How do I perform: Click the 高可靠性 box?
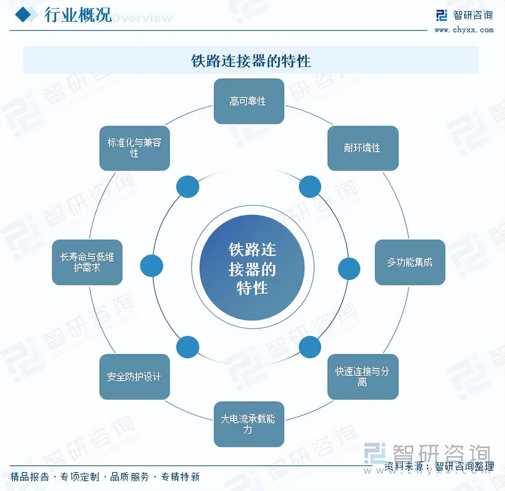249,101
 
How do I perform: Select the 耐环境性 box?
363,148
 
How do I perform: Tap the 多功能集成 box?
410,262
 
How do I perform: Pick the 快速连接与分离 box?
363,377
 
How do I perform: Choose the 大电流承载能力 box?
249,424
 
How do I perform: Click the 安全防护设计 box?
134,377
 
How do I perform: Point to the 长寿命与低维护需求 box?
87,262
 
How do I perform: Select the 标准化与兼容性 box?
134,148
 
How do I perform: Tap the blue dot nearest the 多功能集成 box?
349,268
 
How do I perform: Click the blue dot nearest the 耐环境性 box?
310,186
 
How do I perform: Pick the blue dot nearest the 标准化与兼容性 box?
187,186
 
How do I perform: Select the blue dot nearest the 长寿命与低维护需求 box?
151,265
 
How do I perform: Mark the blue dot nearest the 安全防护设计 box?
187,347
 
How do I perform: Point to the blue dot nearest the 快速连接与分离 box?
310,347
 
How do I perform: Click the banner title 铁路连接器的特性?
251,61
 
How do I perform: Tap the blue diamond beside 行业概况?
23,15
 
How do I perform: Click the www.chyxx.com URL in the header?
464,30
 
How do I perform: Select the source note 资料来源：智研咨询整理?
439,467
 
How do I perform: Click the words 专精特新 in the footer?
180,477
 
